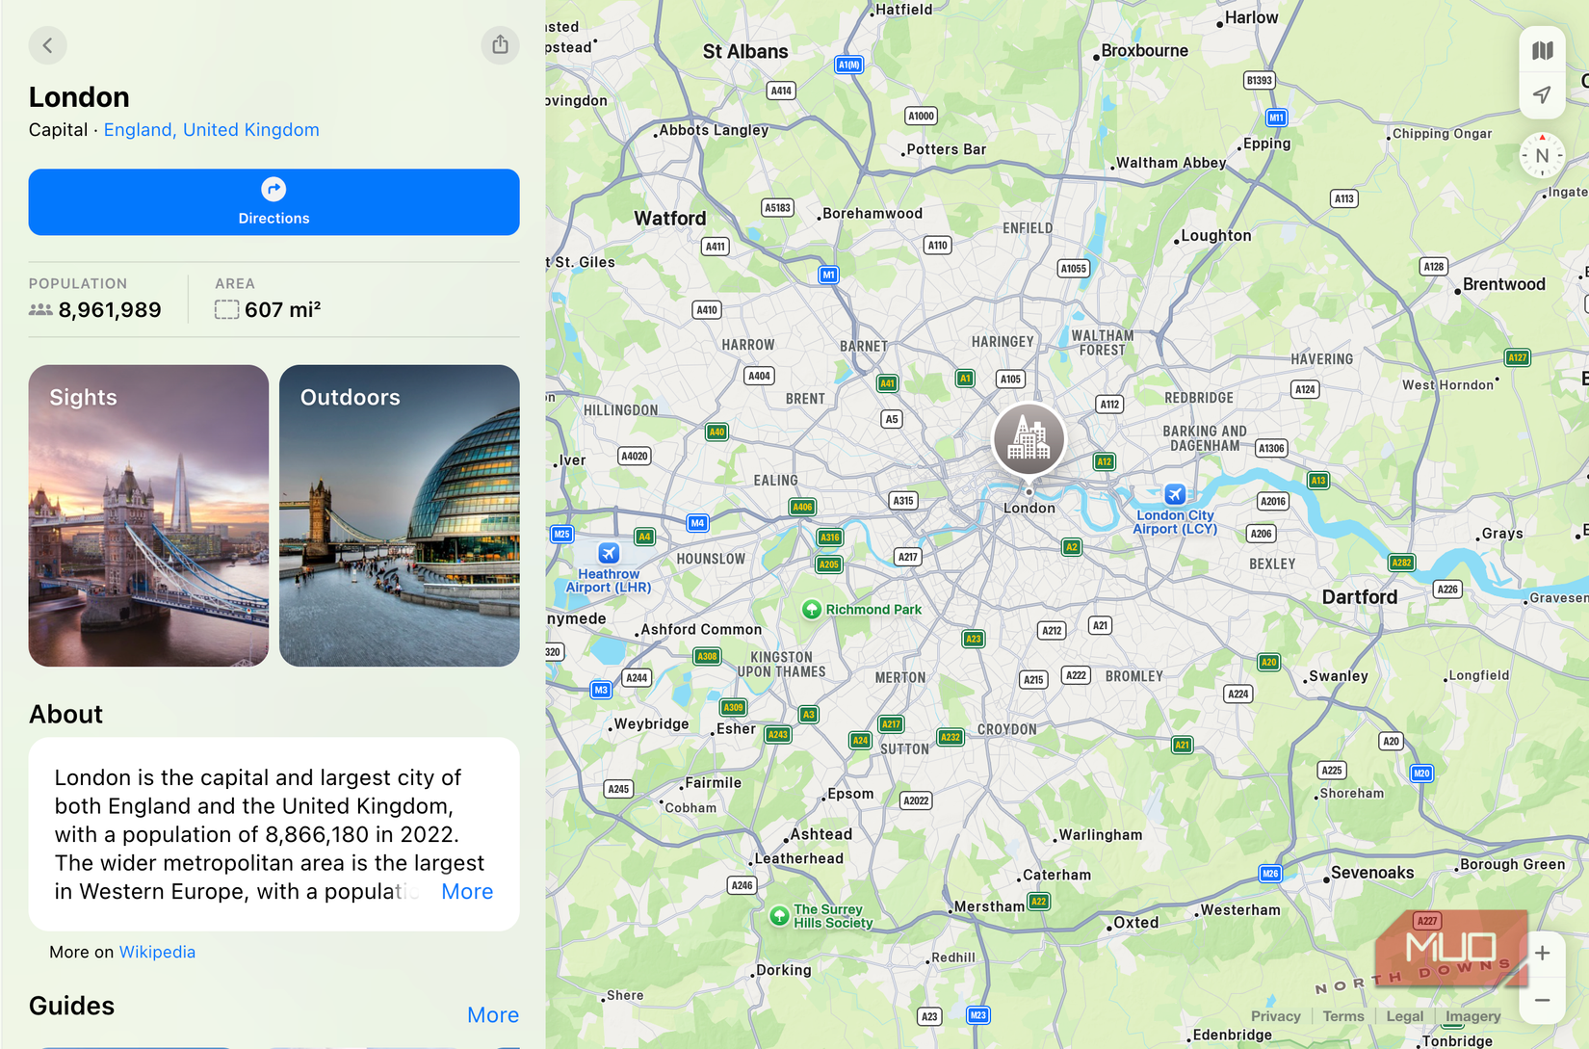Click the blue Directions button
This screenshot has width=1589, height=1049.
pyautogui.click(x=274, y=202)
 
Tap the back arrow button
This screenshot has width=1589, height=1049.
pyautogui.click(x=47, y=45)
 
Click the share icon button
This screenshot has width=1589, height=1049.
pyautogui.click(x=500, y=45)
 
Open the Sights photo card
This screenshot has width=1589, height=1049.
pyautogui.click(x=148, y=515)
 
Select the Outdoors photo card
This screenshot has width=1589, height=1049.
pyautogui.click(x=399, y=515)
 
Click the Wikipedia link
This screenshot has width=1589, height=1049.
pyautogui.click(x=157, y=952)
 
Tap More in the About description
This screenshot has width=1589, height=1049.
pyautogui.click(x=467, y=892)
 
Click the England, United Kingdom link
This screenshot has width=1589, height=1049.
pyautogui.click(x=211, y=130)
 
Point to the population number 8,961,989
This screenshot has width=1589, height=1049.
pyautogui.click(x=110, y=310)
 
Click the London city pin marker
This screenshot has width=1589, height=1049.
pyautogui.click(x=1029, y=439)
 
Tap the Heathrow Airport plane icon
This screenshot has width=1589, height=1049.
pyautogui.click(x=609, y=553)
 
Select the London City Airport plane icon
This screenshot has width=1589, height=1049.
pyautogui.click(x=1175, y=494)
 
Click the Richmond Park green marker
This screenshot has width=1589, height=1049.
pyautogui.click(x=812, y=609)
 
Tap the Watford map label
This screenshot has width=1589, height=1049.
pyautogui.click(x=669, y=219)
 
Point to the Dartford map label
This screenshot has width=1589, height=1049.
pyautogui.click(x=1359, y=597)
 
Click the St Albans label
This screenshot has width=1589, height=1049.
pyautogui.click(x=745, y=52)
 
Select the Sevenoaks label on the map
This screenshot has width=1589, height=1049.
pyautogui.click(x=1372, y=873)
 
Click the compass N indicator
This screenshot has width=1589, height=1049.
pyautogui.click(x=1542, y=156)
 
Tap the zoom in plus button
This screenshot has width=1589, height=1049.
pyautogui.click(x=1542, y=954)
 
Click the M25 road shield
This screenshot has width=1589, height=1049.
pyautogui.click(x=561, y=534)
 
